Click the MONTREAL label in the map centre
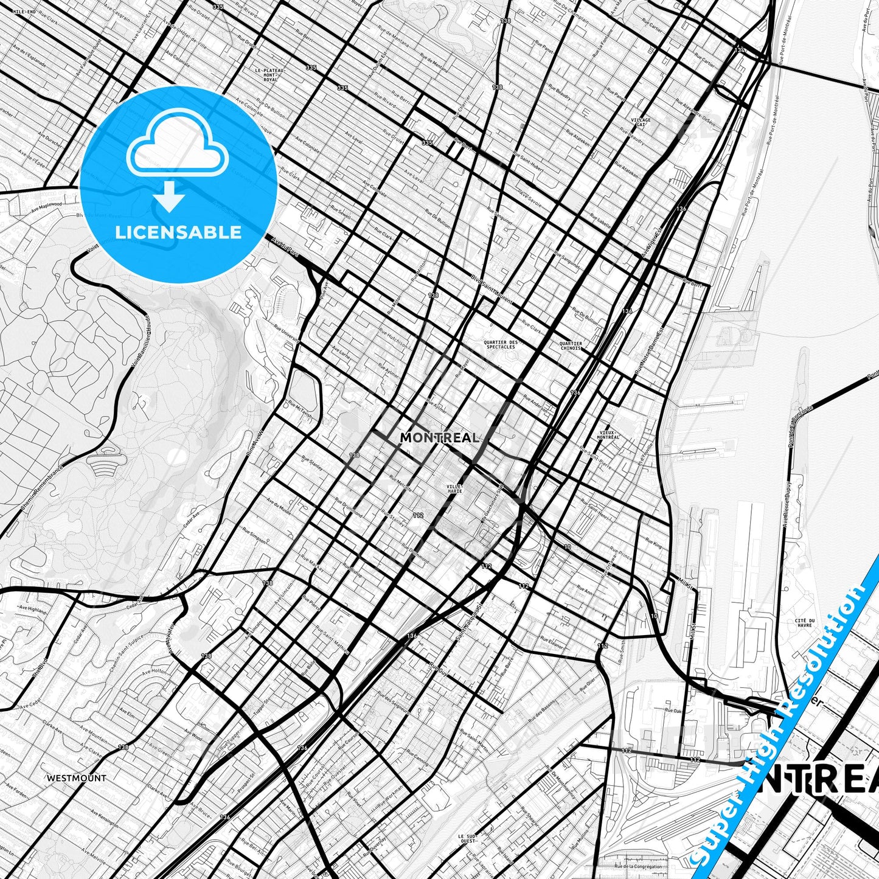(439, 437)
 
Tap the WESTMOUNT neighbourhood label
(77, 777)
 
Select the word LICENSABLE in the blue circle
(178, 232)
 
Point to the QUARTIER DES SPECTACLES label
(500, 344)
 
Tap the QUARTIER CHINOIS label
(571, 346)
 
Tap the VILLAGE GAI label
(641, 122)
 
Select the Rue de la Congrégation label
(638, 866)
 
